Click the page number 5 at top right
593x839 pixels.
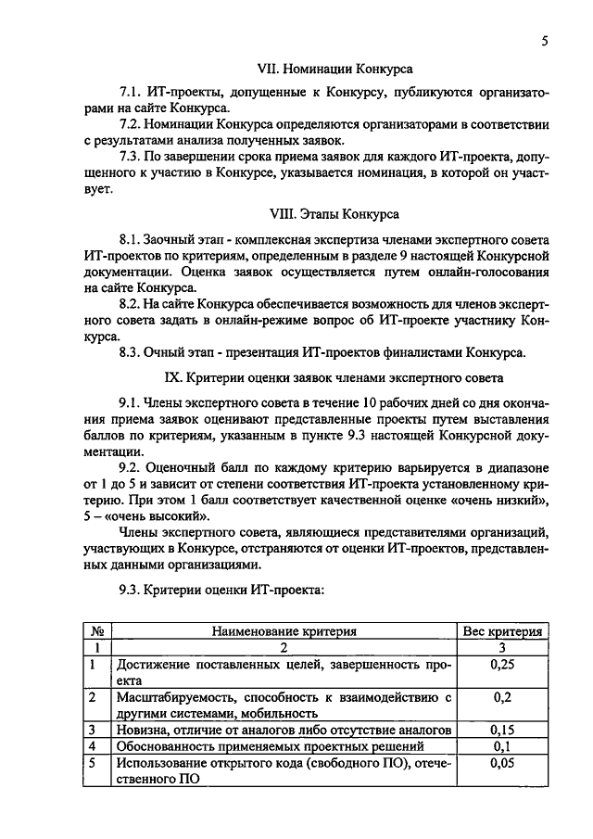[x=546, y=41]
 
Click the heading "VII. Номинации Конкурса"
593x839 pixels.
[x=334, y=69]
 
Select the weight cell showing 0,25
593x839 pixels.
[x=502, y=664]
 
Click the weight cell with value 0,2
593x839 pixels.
[x=502, y=697]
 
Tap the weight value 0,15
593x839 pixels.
[x=502, y=730]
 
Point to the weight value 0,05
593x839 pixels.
[x=502, y=763]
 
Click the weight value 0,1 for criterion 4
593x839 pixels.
[x=502, y=746]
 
